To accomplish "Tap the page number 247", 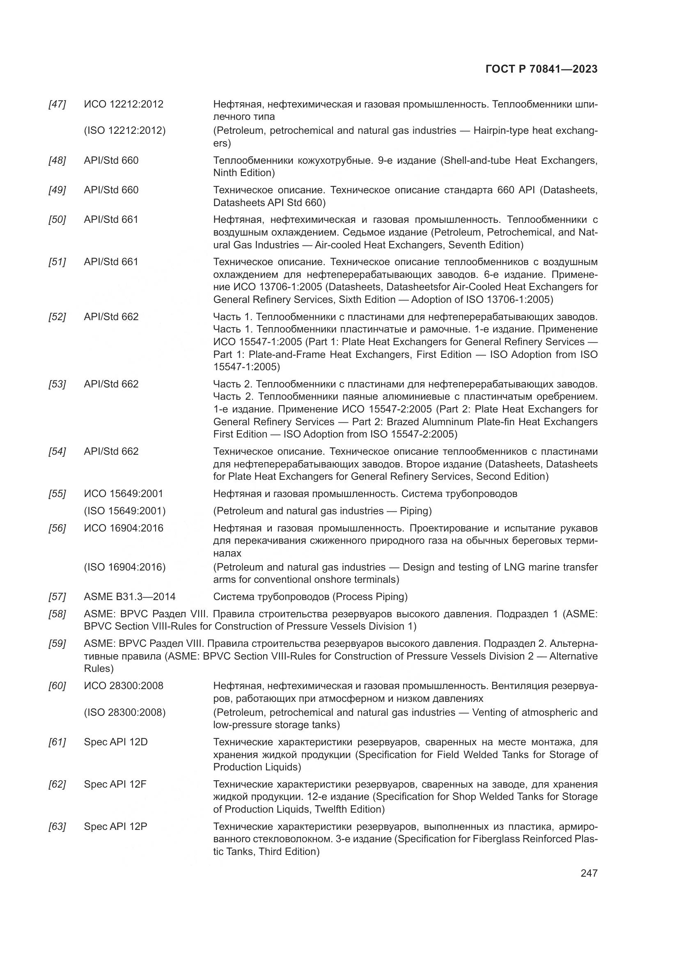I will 589,873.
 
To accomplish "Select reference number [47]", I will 57,104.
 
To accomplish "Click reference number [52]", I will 57,316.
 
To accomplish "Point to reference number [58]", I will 57,614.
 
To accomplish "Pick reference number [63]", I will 57,827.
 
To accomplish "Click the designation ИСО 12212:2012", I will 123,104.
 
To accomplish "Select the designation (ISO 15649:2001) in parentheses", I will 125,511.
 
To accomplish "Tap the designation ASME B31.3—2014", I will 130,597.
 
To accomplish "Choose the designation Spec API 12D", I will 116,742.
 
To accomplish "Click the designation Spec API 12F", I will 115,784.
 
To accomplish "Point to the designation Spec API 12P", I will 115,827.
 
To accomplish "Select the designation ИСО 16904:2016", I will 123,528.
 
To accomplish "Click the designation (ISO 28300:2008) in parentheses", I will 125,713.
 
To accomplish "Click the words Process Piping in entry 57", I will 369,597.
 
